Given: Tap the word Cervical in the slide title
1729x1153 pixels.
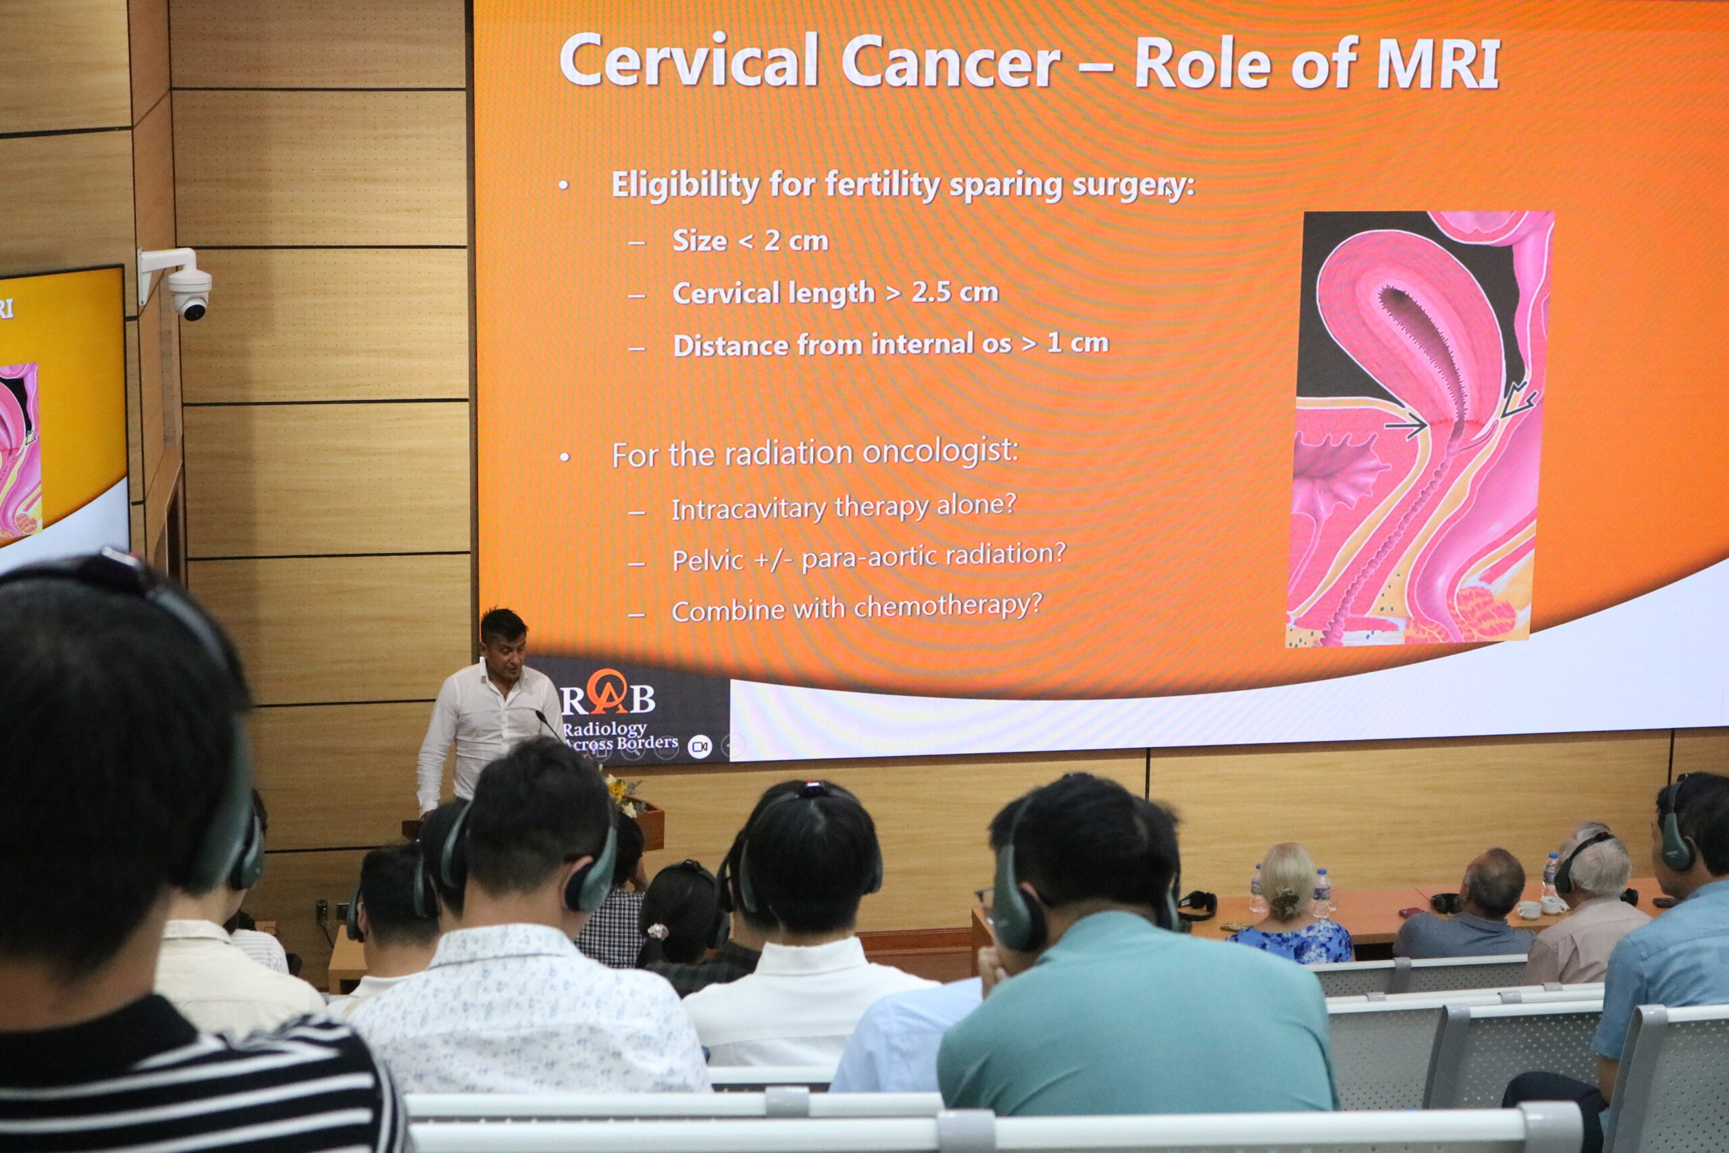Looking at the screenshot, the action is click(689, 59).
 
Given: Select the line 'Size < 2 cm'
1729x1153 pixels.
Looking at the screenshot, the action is click(750, 240).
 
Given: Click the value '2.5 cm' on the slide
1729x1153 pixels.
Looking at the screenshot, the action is click(955, 292).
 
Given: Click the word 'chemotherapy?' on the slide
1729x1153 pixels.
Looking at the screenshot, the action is click(948, 606).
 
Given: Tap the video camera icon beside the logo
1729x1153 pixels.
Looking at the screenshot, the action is click(699, 747).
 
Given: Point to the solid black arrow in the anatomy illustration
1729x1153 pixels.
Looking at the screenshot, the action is click(1405, 426).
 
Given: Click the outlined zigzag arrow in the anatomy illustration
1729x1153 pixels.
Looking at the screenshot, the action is click(1516, 401).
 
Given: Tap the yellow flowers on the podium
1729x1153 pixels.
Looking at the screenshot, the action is click(621, 788).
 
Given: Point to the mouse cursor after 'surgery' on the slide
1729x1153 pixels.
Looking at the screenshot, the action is click(1168, 191).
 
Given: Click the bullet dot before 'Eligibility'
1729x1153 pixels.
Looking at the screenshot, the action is click(564, 186).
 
